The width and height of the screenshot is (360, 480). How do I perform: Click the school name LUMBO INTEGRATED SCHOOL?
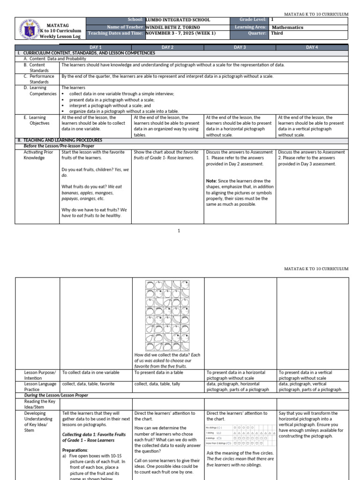tap(178, 20)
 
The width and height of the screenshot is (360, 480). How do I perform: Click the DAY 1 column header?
tap(96, 47)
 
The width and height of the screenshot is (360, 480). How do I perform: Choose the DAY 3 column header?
tap(240, 47)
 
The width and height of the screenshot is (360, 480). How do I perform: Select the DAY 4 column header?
tap(312, 47)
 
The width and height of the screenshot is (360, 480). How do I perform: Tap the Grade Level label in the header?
tap(253, 20)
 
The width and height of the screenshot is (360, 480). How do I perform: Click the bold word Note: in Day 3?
tap(211, 181)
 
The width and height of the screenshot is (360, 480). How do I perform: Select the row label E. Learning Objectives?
tap(37, 120)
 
